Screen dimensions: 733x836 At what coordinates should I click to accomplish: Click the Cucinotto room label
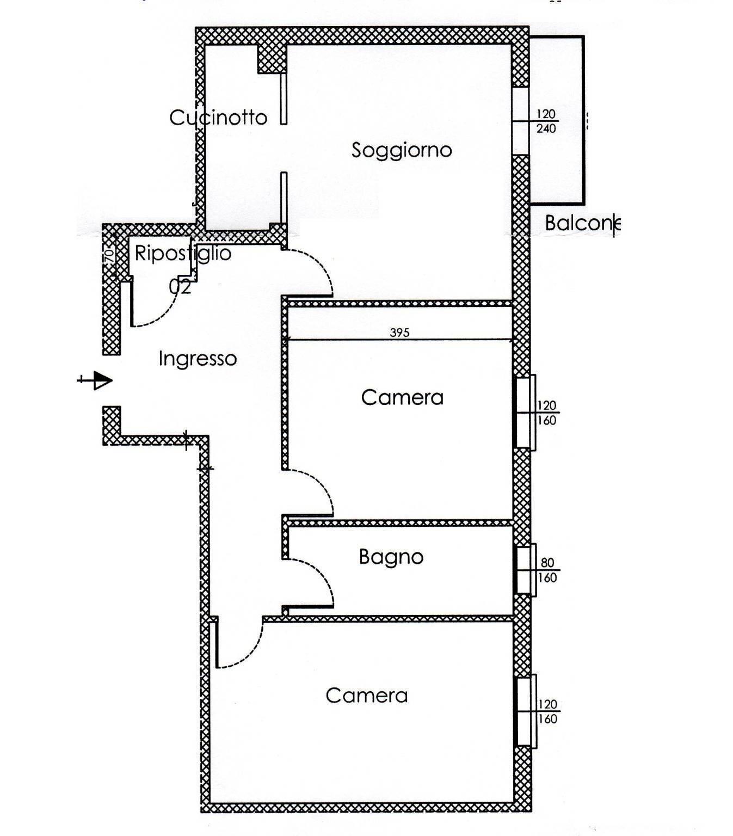point(218,118)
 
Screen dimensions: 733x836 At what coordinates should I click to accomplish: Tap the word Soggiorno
point(402,150)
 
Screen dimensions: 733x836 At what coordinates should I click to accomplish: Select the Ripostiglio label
point(183,254)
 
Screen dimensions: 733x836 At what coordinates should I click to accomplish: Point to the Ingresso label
point(198,359)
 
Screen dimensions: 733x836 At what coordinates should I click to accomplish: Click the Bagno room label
point(391,557)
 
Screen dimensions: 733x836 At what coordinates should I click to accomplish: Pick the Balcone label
point(582,223)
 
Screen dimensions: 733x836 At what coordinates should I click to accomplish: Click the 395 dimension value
point(400,333)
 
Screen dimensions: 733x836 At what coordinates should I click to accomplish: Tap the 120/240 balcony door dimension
point(546,121)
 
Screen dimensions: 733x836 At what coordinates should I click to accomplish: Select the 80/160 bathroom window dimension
point(547,570)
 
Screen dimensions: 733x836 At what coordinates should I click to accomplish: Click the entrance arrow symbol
point(96,380)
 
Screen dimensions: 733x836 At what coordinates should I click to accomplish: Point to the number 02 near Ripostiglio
point(180,287)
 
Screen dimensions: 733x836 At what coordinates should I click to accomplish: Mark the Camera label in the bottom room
point(367,696)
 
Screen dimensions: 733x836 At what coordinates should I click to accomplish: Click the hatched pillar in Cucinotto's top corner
point(272,59)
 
